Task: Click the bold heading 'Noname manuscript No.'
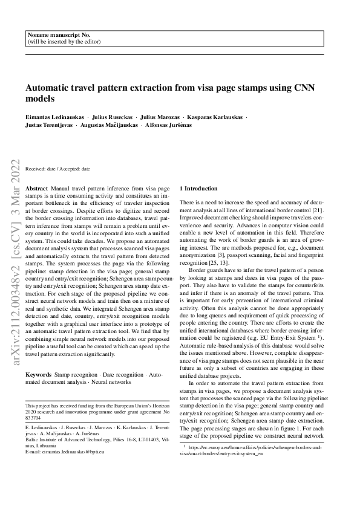click(56, 36)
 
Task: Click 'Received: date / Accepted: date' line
click(58, 169)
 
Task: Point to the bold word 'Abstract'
click(37, 189)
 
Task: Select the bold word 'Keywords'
click(39, 375)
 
